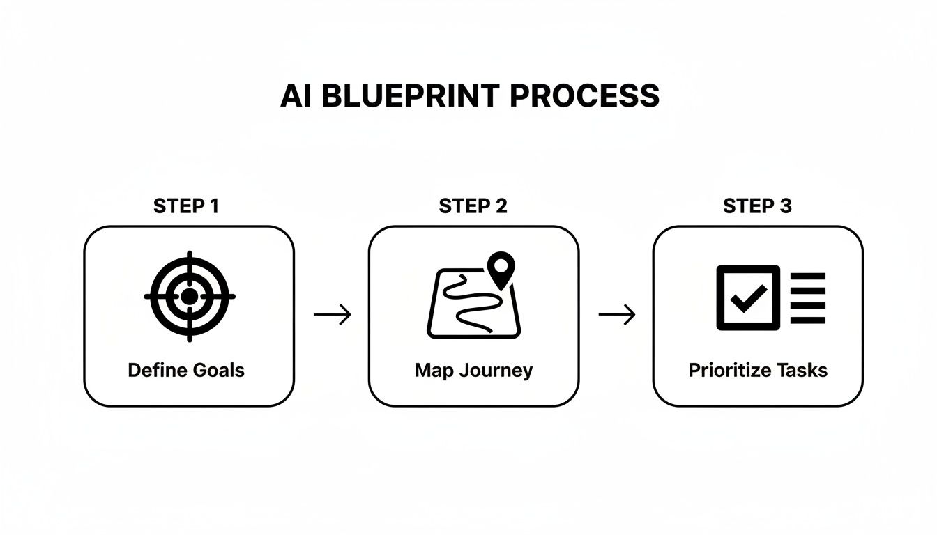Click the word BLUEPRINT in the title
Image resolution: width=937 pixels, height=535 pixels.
(405, 96)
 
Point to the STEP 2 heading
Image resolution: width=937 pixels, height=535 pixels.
(473, 206)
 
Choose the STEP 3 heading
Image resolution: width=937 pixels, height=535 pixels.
(757, 206)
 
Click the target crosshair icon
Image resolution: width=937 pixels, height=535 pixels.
(189, 297)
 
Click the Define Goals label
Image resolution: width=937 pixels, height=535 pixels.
(186, 370)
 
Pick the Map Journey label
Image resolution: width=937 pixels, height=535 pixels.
(473, 370)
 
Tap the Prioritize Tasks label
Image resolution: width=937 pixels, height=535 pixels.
(758, 370)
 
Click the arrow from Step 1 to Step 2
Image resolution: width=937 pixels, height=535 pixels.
(332, 315)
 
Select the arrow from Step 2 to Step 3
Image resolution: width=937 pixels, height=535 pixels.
(616, 315)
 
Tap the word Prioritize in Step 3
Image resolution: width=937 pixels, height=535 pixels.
(728, 370)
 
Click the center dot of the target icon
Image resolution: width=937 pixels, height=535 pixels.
(189, 297)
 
